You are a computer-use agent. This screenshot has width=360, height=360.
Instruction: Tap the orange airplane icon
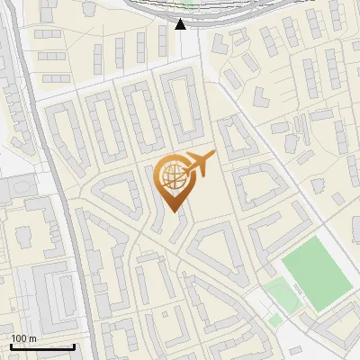[199, 163]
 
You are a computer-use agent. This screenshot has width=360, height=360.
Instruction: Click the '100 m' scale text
[23, 338]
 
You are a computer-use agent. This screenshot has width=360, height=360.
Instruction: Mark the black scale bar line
[42, 346]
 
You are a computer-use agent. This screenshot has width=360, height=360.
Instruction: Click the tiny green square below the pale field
[275, 319]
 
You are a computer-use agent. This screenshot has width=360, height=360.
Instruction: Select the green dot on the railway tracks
[187, 4]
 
